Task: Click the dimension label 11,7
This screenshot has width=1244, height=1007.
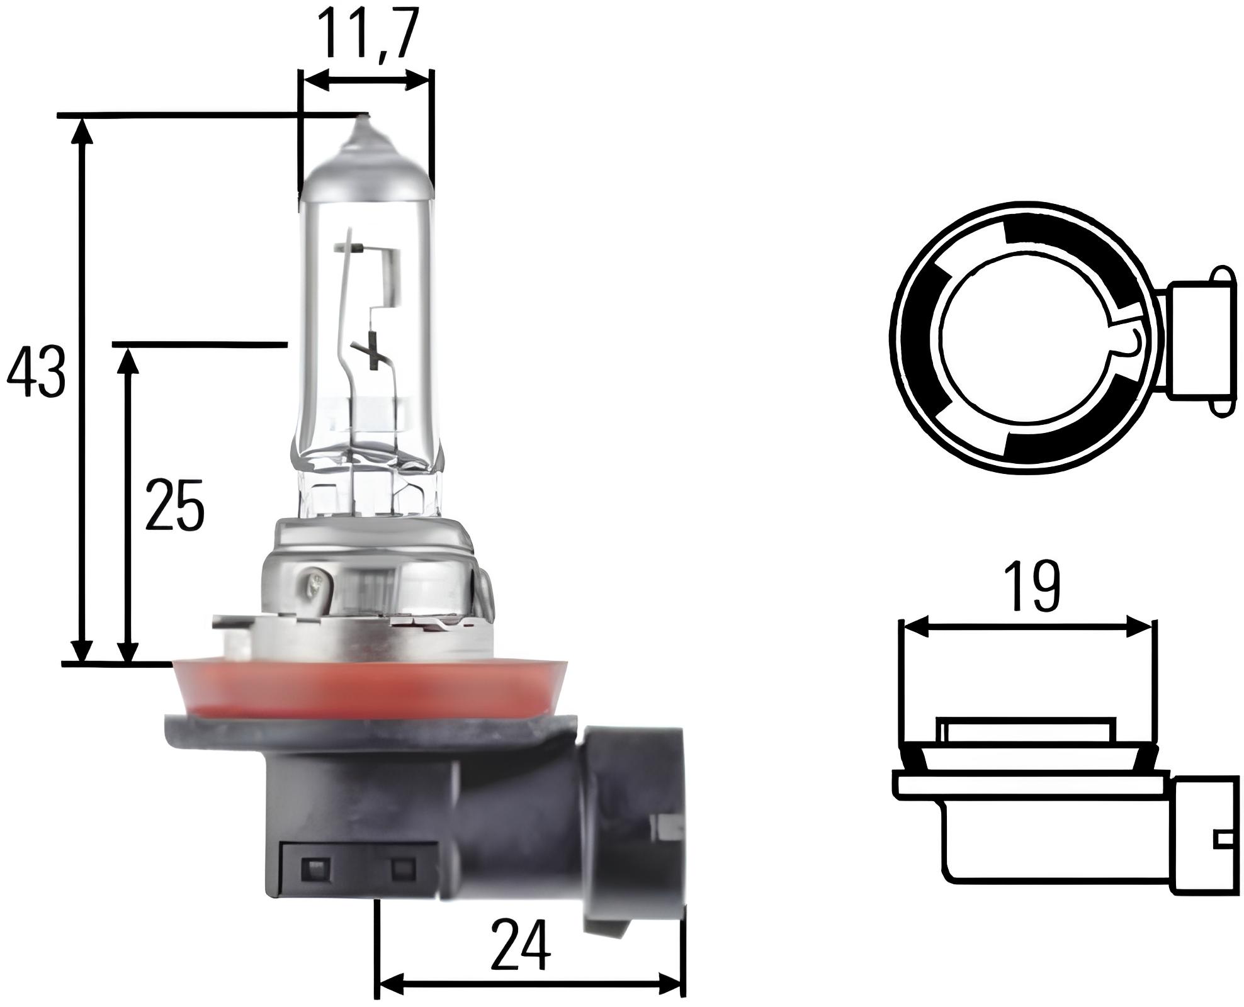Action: click(x=368, y=33)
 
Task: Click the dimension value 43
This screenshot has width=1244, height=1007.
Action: click(x=35, y=372)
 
